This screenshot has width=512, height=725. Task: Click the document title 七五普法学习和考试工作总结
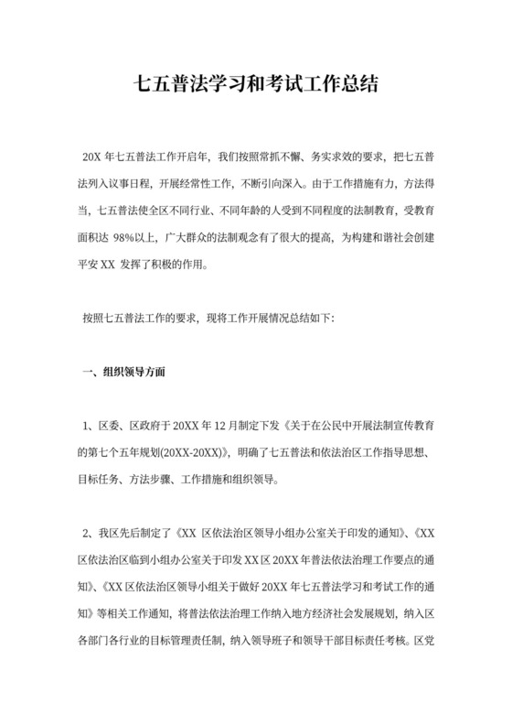(x=256, y=83)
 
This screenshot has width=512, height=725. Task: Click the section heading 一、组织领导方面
(x=124, y=373)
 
